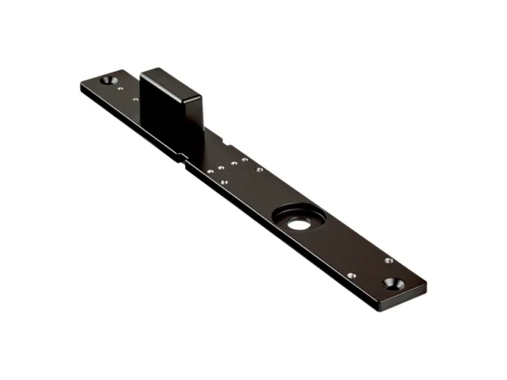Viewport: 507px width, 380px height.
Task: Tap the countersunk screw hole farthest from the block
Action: click(x=391, y=284)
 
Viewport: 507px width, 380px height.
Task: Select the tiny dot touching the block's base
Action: click(x=135, y=100)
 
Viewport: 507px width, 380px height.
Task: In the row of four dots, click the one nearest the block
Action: click(x=210, y=171)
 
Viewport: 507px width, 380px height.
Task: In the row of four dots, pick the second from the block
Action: click(x=221, y=166)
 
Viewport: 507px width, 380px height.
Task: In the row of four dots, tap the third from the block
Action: click(x=232, y=161)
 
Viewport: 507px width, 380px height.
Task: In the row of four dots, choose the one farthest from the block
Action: click(x=244, y=158)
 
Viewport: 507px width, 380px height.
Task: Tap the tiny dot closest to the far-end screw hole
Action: click(x=389, y=260)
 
